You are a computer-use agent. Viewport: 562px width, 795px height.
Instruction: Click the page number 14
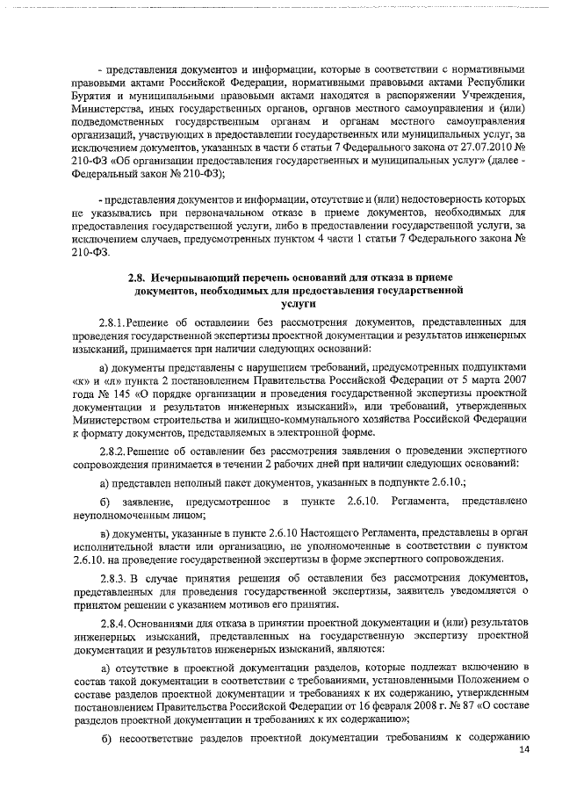coord(525,748)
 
